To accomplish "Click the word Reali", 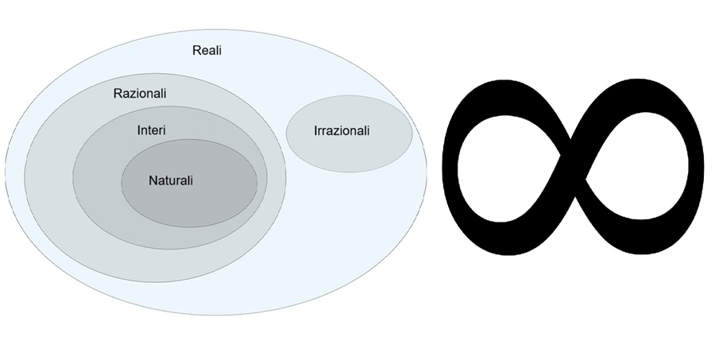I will (207, 51).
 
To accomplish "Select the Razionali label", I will (140, 94).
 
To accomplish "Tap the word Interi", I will (151, 130).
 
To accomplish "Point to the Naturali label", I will (171, 180).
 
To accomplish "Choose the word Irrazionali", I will (342, 131).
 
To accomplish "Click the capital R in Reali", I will (196, 51).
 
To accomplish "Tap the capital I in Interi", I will (139, 130).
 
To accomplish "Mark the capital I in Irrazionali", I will (315, 131).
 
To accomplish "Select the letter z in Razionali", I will (133, 94).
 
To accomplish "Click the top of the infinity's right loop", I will (640, 79).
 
